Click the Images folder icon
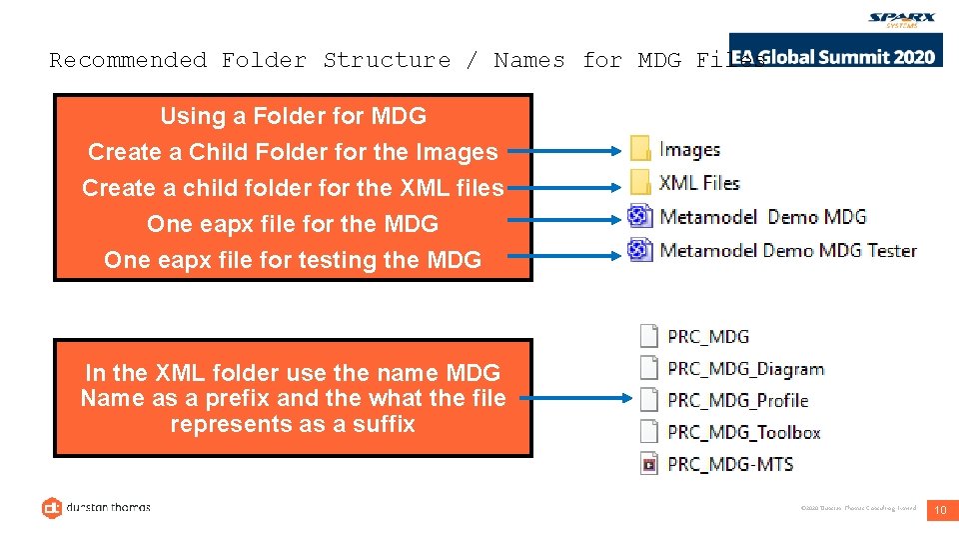tap(640, 150)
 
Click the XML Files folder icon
tap(640, 183)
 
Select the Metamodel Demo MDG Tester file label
tap(788, 250)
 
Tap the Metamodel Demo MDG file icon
tap(640, 216)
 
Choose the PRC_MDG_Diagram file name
tap(745, 368)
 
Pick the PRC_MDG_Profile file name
tap(737, 400)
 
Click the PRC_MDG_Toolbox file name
tap(743, 432)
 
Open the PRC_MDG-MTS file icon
tap(649, 464)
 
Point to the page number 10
tap(939, 511)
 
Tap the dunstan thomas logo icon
tap(52, 508)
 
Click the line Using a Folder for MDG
tap(293, 116)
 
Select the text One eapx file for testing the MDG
tap(293, 260)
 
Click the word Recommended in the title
tap(128, 60)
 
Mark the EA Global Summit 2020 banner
tap(834, 56)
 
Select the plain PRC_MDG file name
tap(707, 336)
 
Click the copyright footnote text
tap(858, 509)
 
